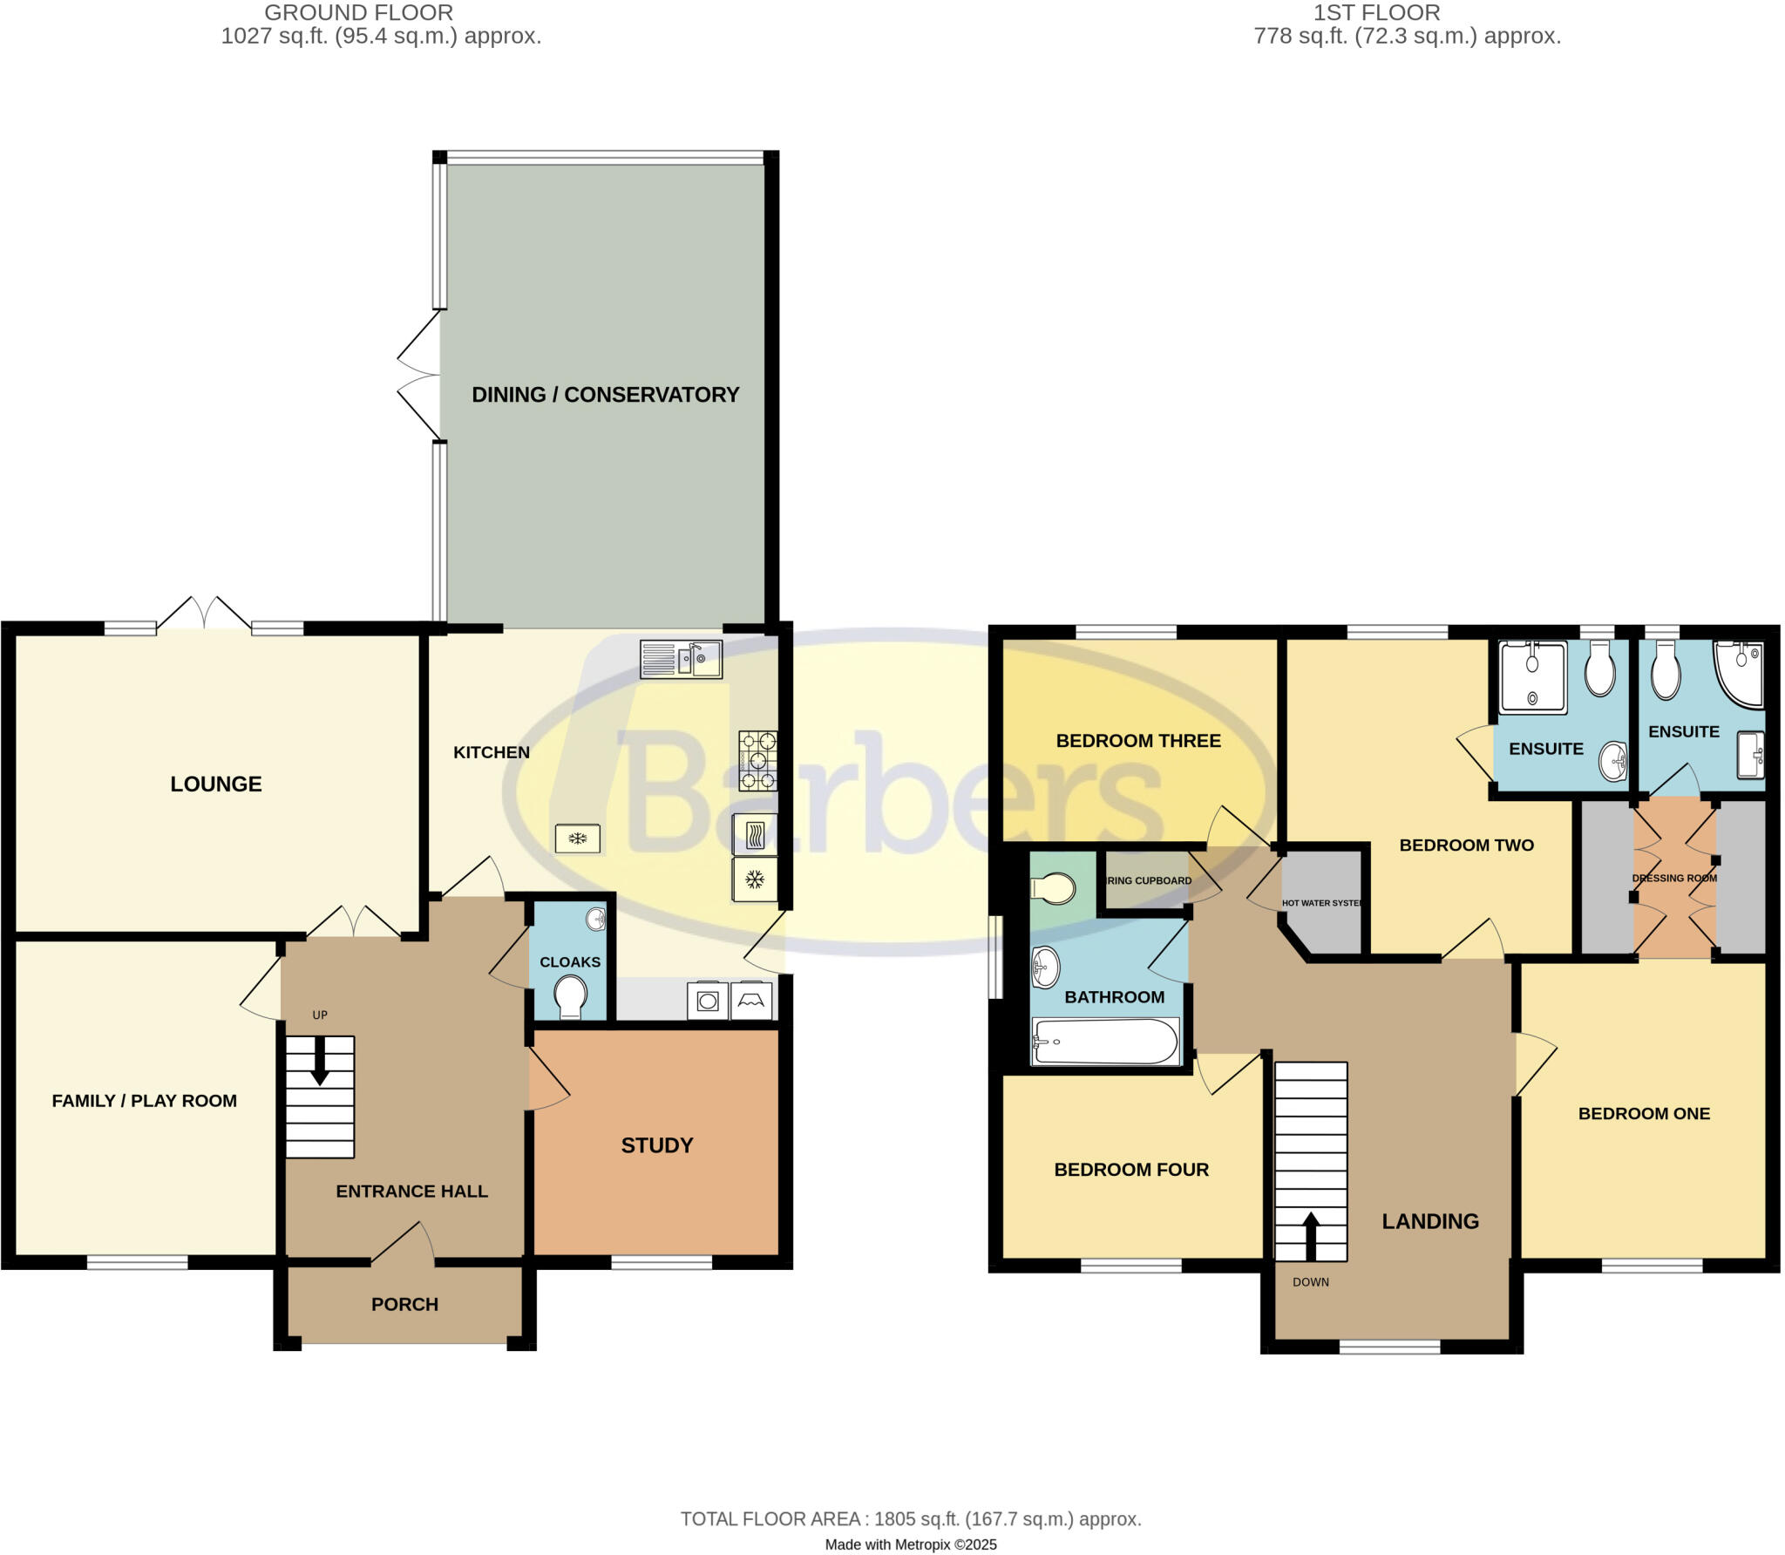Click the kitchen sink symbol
[x=681, y=659]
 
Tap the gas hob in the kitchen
[x=757, y=760]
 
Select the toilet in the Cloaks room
[x=570, y=996]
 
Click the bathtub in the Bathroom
[x=1105, y=1041]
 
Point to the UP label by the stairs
[x=320, y=1015]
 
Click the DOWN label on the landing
[x=1310, y=1282]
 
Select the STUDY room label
[x=656, y=1145]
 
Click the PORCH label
[x=404, y=1305]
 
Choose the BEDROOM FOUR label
[x=1130, y=1170]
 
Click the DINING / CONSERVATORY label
[x=605, y=395]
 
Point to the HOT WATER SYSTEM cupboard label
[x=1321, y=903]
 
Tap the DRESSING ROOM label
[x=1673, y=878]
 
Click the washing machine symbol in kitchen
[x=707, y=1001]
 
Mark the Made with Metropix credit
[x=910, y=1545]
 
